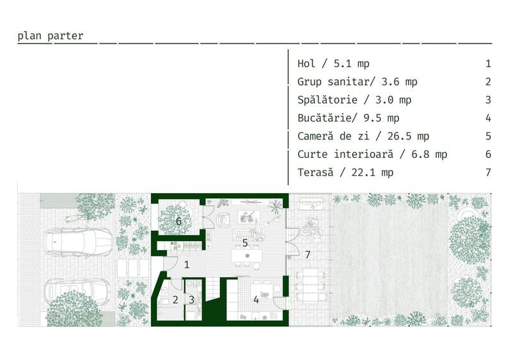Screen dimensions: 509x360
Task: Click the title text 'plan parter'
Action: click(51, 36)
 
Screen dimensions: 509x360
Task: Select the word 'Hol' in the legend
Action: click(306, 63)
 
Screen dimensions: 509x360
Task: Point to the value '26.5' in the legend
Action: click(399, 136)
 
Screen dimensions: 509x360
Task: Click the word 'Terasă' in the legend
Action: click(315, 172)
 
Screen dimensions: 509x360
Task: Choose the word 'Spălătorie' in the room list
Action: click(327, 100)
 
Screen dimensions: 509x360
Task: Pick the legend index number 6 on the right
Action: click(489, 154)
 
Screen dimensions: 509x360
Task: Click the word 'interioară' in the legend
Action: click(364, 154)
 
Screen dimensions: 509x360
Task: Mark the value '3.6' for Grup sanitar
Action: click(390, 82)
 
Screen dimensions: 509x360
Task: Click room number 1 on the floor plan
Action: click(187, 265)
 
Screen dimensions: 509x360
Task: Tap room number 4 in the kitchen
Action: click(256, 300)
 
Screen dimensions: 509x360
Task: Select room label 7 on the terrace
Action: click(308, 255)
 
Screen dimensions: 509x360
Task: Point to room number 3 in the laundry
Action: click(192, 300)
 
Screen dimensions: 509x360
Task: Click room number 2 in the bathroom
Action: click(175, 300)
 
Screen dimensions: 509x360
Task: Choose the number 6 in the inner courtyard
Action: click(178, 221)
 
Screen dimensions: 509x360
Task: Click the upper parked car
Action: click(77, 242)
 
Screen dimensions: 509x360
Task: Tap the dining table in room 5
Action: click(247, 256)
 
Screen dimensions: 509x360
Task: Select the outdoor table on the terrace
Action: click(311, 285)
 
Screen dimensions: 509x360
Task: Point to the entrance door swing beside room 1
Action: click(171, 263)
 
